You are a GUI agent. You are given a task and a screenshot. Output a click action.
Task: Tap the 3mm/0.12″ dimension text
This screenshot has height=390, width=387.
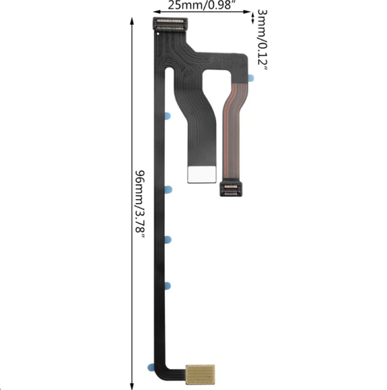(x=261, y=40)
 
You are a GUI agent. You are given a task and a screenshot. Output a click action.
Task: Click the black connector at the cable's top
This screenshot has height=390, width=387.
(x=169, y=25)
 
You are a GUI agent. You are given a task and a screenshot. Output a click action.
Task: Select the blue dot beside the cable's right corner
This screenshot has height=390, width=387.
(x=251, y=77)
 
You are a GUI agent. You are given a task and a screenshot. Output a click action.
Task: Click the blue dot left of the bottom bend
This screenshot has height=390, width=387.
(x=150, y=367)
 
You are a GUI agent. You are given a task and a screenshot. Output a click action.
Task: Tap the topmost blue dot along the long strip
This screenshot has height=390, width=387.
(x=167, y=116)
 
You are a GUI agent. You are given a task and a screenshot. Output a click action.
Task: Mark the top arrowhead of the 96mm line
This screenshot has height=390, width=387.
(x=133, y=19)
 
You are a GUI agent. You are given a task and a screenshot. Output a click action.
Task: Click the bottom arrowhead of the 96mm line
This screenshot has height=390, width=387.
(x=133, y=385)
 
